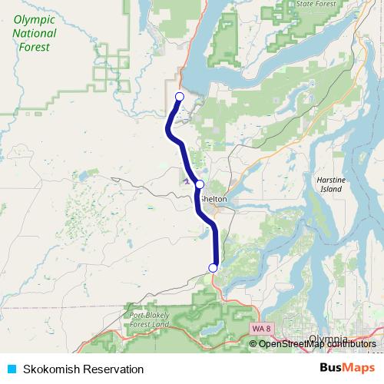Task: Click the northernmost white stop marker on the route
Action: (179, 96)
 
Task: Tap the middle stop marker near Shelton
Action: (200, 184)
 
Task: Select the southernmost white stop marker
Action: (213, 267)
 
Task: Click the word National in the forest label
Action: (35, 33)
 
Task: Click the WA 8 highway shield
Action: (261, 328)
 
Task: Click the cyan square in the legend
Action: (11, 369)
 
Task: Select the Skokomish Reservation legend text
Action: (83, 369)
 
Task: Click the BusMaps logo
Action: (346, 369)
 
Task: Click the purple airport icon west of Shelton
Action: (187, 181)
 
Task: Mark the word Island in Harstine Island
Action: (332, 188)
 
